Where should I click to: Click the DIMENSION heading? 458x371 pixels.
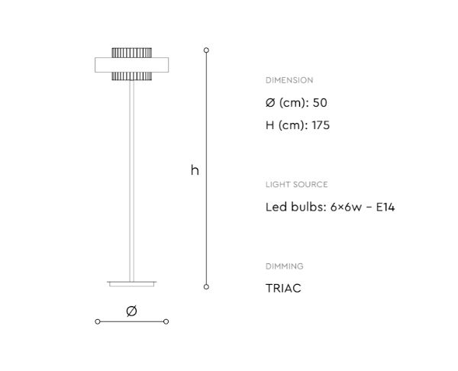pyautogui.click(x=289, y=80)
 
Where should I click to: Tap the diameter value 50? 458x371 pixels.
pyautogui.click(x=320, y=103)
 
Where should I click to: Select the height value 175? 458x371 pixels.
pyautogui.click(x=321, y=125)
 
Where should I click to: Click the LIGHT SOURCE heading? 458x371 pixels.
pyautogui.click(x=296, y=185)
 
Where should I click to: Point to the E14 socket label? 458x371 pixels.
pyautogui.click(x=385, y=207)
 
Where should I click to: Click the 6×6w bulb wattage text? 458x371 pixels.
pyautogui.click(x=346, y=207)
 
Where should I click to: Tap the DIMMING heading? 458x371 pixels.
pyautogui.click(x=284, y=266)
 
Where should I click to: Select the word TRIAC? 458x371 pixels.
pyautogui.click(x=283, y=289)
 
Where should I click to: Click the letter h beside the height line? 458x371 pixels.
pyautogui.click(x=195, y=170)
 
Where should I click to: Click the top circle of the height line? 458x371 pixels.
pyautogui.click(x=206, y=50)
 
